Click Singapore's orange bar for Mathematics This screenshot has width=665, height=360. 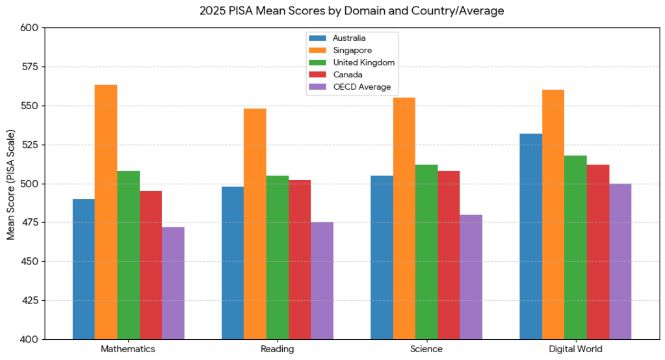pos(106,212)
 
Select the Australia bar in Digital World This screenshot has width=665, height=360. pos(531,237)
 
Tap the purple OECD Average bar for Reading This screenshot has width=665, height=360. pos(322,281)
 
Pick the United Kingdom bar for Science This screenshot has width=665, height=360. pos(426,252)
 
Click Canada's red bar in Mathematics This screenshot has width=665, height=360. pos(151,265)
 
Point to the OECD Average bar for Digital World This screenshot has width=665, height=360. pos(620,261)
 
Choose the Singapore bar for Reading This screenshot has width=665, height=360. pos(255,224)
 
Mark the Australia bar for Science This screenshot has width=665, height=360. pos(382,257)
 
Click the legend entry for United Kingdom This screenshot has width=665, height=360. pos(352,62)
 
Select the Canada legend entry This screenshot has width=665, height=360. pos(336,75)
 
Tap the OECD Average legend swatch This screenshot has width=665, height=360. pos(318,87)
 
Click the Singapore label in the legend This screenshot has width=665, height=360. pos(352,50)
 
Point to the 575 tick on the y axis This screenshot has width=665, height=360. pos(29,66)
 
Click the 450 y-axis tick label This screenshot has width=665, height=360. pos(29,262)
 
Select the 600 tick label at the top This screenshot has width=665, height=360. pos(29,27)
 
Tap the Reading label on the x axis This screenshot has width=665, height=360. pos(278,349)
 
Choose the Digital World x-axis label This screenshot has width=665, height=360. pos(575,349)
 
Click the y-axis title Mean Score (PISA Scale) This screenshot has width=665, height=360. pos(10,185)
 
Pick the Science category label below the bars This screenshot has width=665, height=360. pos(426,349)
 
